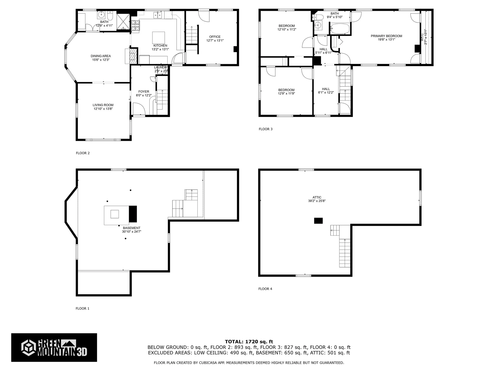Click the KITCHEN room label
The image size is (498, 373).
[160, 46]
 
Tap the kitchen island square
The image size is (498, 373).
[158, 38]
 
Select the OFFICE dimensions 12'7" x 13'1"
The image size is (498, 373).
[215, 40]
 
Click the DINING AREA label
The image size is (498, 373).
[101, 56]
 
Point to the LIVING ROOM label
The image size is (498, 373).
[103, 105]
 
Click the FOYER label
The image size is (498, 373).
[144, 91]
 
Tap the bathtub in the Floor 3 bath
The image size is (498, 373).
[340, 28]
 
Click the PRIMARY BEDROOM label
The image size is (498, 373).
[386, 36]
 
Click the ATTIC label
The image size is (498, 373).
[317, 197]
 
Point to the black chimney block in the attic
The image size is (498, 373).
[318, 221]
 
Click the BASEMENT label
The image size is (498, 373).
[132, 228]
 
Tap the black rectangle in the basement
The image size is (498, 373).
[133, 214]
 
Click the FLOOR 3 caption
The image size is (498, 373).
[266, 129]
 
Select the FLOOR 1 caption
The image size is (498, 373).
[82, 309]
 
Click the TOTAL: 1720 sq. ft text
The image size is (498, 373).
[249, 342]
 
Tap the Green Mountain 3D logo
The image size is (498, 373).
[54, 347]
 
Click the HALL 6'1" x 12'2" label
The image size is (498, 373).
[326, 91]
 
